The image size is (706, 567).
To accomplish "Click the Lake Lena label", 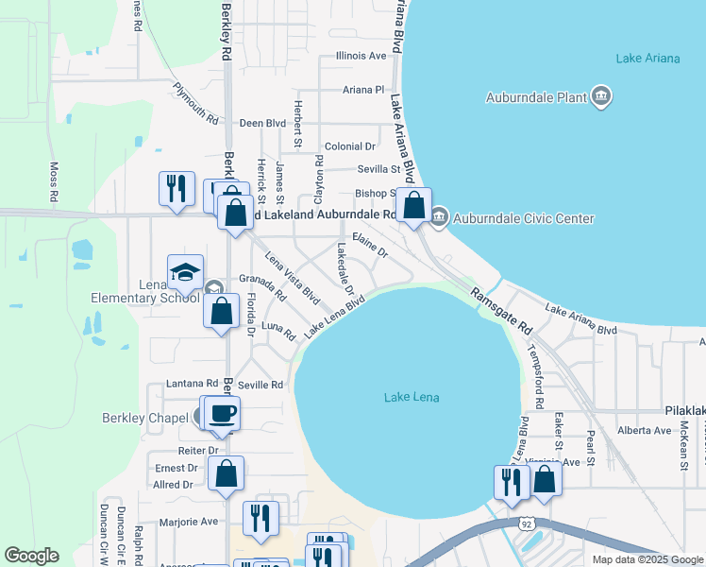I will point(412,397).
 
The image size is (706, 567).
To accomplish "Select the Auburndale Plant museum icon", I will point(601,96).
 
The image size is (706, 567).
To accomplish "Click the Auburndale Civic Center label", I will point(524,218).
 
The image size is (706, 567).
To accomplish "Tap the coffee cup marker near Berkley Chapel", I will point(222,413).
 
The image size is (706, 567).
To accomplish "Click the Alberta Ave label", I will point(643,430).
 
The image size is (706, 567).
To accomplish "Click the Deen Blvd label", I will point(262,123).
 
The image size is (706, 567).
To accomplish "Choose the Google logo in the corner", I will point(31,556).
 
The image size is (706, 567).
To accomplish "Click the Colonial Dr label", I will point(349,146).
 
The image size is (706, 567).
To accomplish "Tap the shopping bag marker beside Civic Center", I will point(413,204).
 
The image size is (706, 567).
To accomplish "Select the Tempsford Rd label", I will point(535,374).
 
